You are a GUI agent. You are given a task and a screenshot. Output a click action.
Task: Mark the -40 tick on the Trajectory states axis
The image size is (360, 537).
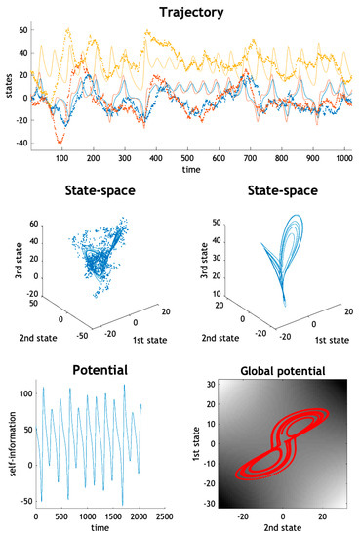23,144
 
